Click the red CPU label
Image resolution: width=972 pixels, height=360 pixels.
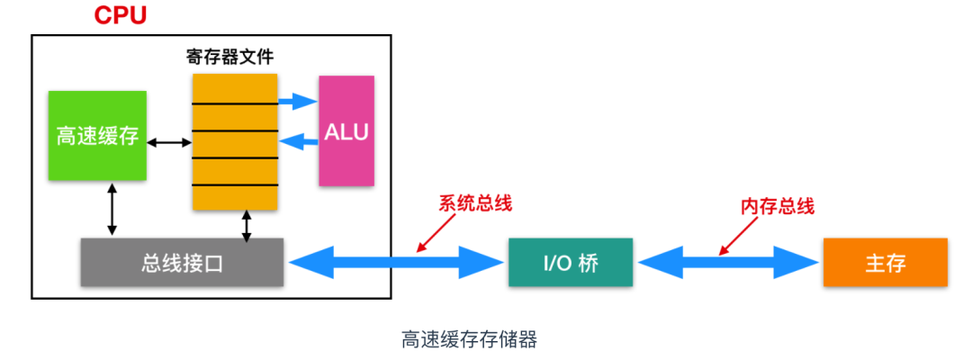point(121,16)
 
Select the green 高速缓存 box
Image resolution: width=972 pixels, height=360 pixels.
point(97,136)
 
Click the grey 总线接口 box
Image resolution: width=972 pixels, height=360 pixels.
point(182,263)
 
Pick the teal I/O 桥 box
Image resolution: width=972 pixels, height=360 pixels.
point(570,263)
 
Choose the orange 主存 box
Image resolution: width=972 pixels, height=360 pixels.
point(885,263)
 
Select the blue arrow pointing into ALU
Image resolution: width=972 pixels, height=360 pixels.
point(298,102)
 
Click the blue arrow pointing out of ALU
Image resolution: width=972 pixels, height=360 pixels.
point(299,140)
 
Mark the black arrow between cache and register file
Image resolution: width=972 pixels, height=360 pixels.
point(169,141)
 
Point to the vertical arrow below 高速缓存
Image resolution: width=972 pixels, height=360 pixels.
point(112,210)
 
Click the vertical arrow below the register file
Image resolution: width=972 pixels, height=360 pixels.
point(247,225)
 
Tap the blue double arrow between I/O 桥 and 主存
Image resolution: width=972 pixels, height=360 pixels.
point(728,263)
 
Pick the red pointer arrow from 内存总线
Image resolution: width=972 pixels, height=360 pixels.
point(737,235)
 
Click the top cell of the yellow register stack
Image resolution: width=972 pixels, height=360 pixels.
point(234,88)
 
